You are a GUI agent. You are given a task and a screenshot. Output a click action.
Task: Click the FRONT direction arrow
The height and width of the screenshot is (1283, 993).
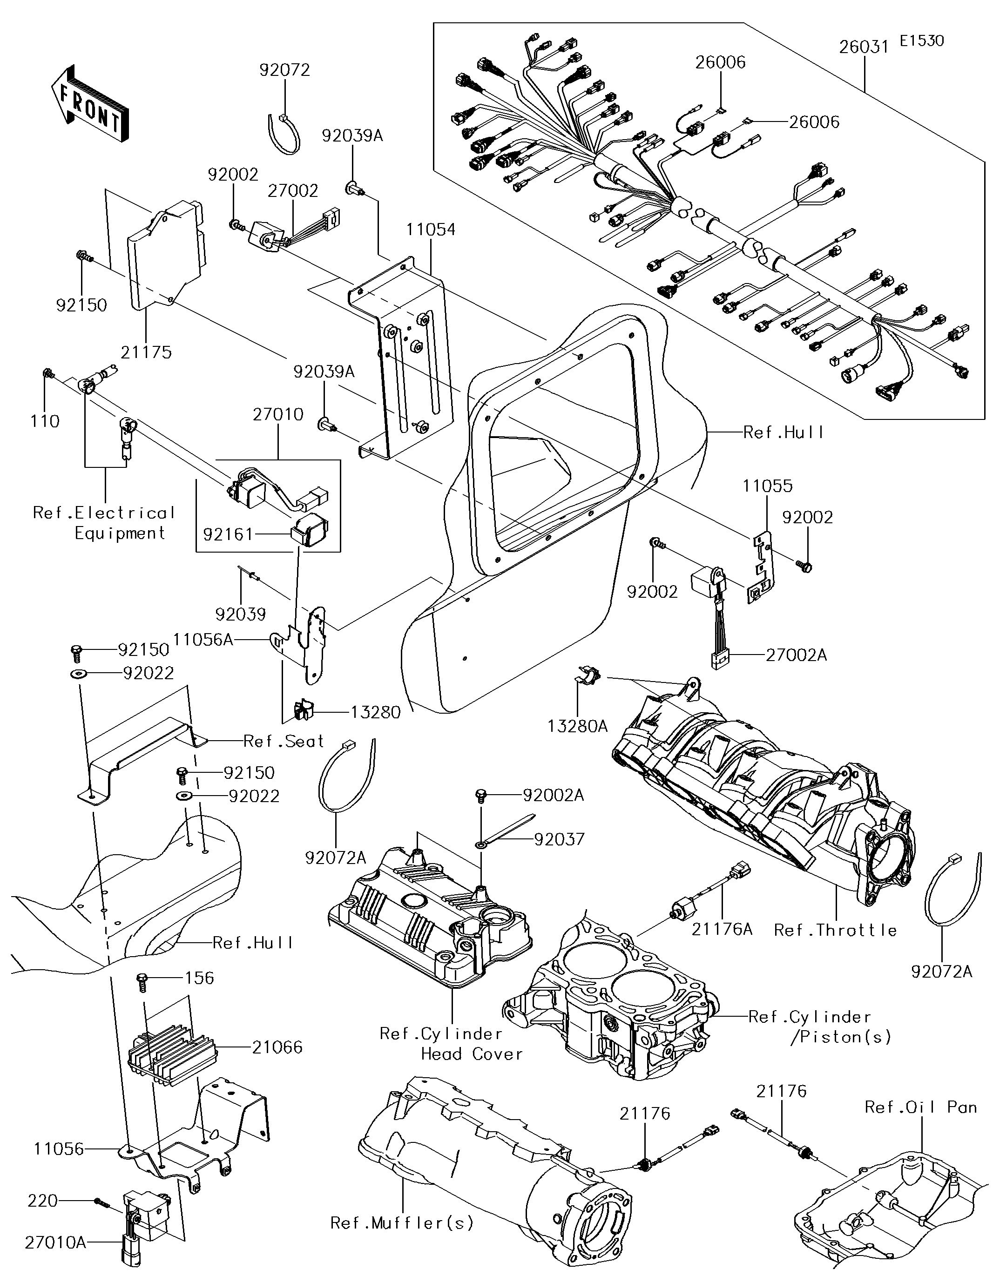[x=90, y=103]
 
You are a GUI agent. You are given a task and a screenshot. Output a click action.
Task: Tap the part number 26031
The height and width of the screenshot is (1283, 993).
[x=863, y=47]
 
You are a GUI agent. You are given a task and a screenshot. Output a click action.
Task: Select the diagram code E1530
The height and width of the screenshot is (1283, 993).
[x=922, y=41]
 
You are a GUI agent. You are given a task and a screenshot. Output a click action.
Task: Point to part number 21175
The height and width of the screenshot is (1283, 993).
[x=146, y=352]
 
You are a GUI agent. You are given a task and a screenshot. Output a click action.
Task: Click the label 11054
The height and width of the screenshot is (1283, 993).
[x=431, y=229]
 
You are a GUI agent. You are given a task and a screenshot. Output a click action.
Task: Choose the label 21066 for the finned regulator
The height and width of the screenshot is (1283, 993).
[x=277, y=1047]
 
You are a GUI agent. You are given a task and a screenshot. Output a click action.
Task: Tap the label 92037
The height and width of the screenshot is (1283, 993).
[x=560, y=839]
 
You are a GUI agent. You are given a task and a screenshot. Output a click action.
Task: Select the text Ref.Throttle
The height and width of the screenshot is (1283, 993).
[x=835, y=930]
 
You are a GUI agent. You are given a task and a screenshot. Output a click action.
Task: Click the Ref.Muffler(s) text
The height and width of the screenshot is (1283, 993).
[x=401, y=1223]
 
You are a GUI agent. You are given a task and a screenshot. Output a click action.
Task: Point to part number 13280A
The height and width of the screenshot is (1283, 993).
[x=578, y=726]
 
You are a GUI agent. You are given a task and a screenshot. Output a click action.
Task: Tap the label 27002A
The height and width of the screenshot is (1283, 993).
[x=796, y=655]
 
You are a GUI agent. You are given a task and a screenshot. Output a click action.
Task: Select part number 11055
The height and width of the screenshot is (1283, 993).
[x=767, y=486]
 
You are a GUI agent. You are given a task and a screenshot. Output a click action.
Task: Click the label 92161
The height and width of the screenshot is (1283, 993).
[x=228, y=534]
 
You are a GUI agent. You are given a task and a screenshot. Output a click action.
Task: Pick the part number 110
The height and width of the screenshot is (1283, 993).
[x=45, y=421]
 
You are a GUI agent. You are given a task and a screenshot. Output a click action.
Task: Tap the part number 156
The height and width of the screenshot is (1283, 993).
[x=200, y=978]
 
